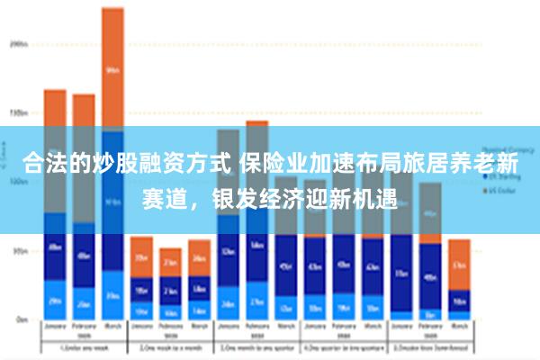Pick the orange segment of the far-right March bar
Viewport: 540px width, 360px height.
pos(459,265)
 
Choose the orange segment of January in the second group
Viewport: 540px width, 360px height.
pos(141,257)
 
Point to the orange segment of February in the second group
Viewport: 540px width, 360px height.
pos(170,262)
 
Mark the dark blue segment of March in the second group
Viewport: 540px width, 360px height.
pos(199,290)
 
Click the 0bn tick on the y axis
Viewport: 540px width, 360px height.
pos(20,319)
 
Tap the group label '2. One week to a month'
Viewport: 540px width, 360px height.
pos(170,346)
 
